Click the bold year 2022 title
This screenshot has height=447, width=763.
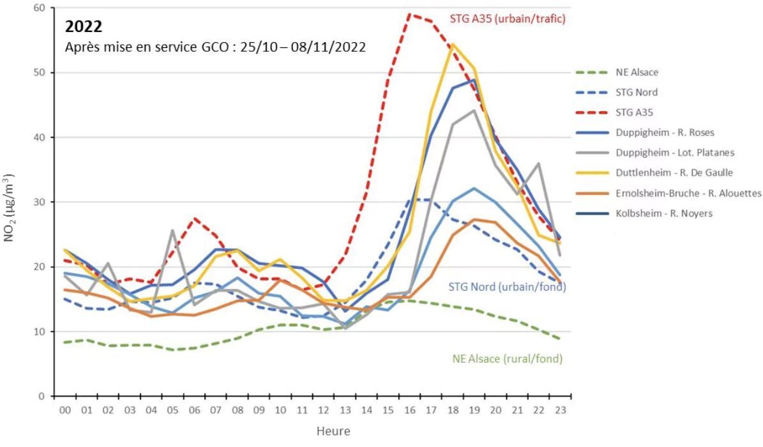(x=84, y=27)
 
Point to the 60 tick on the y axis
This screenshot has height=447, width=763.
(x=40, y=8)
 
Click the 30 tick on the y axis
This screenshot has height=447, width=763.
(x=40, y=202)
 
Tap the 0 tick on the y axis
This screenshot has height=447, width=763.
(x=43, y=397)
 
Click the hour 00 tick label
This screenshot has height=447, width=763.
(x=64, y=411)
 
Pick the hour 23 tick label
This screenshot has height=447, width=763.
(x=560, y=411)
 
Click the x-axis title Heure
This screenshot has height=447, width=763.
(x=333, y=432)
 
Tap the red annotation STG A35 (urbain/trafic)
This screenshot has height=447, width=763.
(x=508, y=19)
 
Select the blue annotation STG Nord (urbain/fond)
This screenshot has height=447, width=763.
(x=508, y=287)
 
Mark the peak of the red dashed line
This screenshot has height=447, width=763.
(x=409, y=14)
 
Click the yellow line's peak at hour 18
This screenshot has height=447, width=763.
(x=453, y=44)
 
